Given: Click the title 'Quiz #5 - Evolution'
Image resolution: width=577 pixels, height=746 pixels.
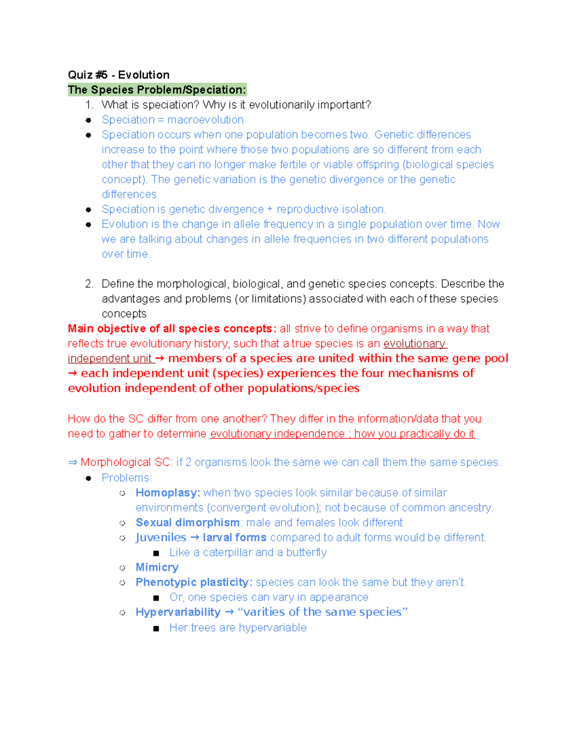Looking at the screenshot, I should (x=118, y=75).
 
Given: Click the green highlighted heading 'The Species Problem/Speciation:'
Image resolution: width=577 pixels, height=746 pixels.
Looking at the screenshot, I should (x=157, y=90).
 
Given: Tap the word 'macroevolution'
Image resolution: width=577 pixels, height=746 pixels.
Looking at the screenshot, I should (x=205, y=120).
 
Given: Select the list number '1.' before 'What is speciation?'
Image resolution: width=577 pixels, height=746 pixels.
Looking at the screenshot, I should (x=89, y=105).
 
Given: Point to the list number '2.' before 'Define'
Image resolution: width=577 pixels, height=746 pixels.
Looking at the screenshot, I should (x=89, y=284).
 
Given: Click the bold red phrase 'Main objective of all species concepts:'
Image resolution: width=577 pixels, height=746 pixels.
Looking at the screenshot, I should (x=172, y=329).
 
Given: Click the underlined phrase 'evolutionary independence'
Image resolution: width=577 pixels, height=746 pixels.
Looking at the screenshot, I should (x=277, y=434).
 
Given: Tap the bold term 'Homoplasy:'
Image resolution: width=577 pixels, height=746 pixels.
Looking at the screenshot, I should (x=168, y=493).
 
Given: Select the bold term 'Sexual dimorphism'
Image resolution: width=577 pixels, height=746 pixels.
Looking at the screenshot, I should (x=188, y=523).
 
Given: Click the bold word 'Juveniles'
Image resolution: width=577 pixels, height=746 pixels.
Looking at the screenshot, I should (x=161, y=538).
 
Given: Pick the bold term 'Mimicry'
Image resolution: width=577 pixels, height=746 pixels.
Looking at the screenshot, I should (x=157, y=567).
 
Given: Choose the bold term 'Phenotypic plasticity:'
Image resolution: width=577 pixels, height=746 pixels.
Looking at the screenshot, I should (x=194, y=582).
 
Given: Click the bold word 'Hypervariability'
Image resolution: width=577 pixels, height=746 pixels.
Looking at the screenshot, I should (x=178, y=612).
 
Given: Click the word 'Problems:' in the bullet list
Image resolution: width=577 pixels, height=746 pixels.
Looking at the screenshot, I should (x=126, y=478).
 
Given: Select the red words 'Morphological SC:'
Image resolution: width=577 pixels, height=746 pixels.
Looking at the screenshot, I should (x=126, y=462).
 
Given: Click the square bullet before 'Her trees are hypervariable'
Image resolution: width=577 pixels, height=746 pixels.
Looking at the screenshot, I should (x=156, y=628).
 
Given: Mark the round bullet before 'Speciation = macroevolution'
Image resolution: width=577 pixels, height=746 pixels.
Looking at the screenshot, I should (x=88, y=120).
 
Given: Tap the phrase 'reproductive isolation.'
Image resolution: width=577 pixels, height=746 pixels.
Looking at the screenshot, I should (x=331, y=209).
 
